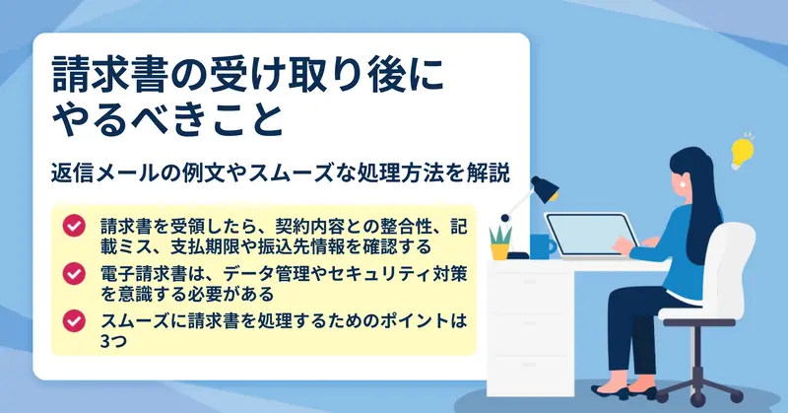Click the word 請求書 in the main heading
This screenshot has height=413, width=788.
pos(108,75)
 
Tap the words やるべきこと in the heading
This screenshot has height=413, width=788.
pos(168,119)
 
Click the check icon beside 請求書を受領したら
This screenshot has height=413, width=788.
pos(74,226)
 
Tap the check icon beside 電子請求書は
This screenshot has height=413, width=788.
pos(74,274)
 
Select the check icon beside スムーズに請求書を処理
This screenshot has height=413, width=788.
pos(74,321)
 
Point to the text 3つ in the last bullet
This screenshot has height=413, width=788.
pos(113,341)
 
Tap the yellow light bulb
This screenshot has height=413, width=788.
pos(742,151)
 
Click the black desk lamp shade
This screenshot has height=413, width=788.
pos(545,188)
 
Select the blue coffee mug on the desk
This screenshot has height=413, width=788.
pos(543,246)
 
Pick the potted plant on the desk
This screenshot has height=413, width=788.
pos(500,242)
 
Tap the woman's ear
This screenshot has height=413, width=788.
pos(685,183)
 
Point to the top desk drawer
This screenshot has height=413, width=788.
pos(530,293)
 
